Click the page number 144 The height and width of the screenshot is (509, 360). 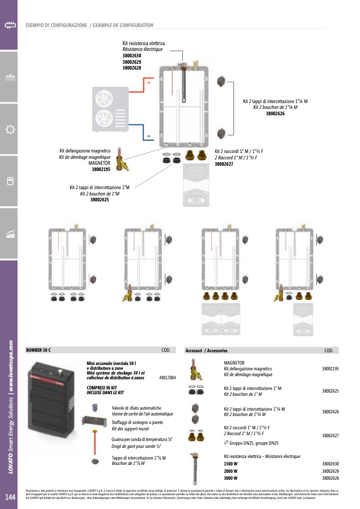(x=10, y=497)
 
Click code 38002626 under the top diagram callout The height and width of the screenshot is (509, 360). (x=275, y=113)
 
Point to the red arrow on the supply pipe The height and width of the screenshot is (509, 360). (x=149, y=83)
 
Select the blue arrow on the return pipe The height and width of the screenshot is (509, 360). (x=149, y=137)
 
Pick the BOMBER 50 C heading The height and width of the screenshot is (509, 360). (x=38, y=350)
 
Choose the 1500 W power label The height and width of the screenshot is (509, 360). (x=230, y=464)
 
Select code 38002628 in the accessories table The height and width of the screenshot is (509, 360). (x=330, y=478)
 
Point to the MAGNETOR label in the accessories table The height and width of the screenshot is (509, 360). (x=234, y=362)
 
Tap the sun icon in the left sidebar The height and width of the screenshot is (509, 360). (x=9, y=129)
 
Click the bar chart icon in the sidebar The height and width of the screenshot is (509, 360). (x=9, y=234)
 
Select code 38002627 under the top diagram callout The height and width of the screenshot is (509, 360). (x=223, y=164)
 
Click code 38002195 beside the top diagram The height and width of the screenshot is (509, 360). (x=101, y=169)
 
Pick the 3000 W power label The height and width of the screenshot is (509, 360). (x=230, y=478)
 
